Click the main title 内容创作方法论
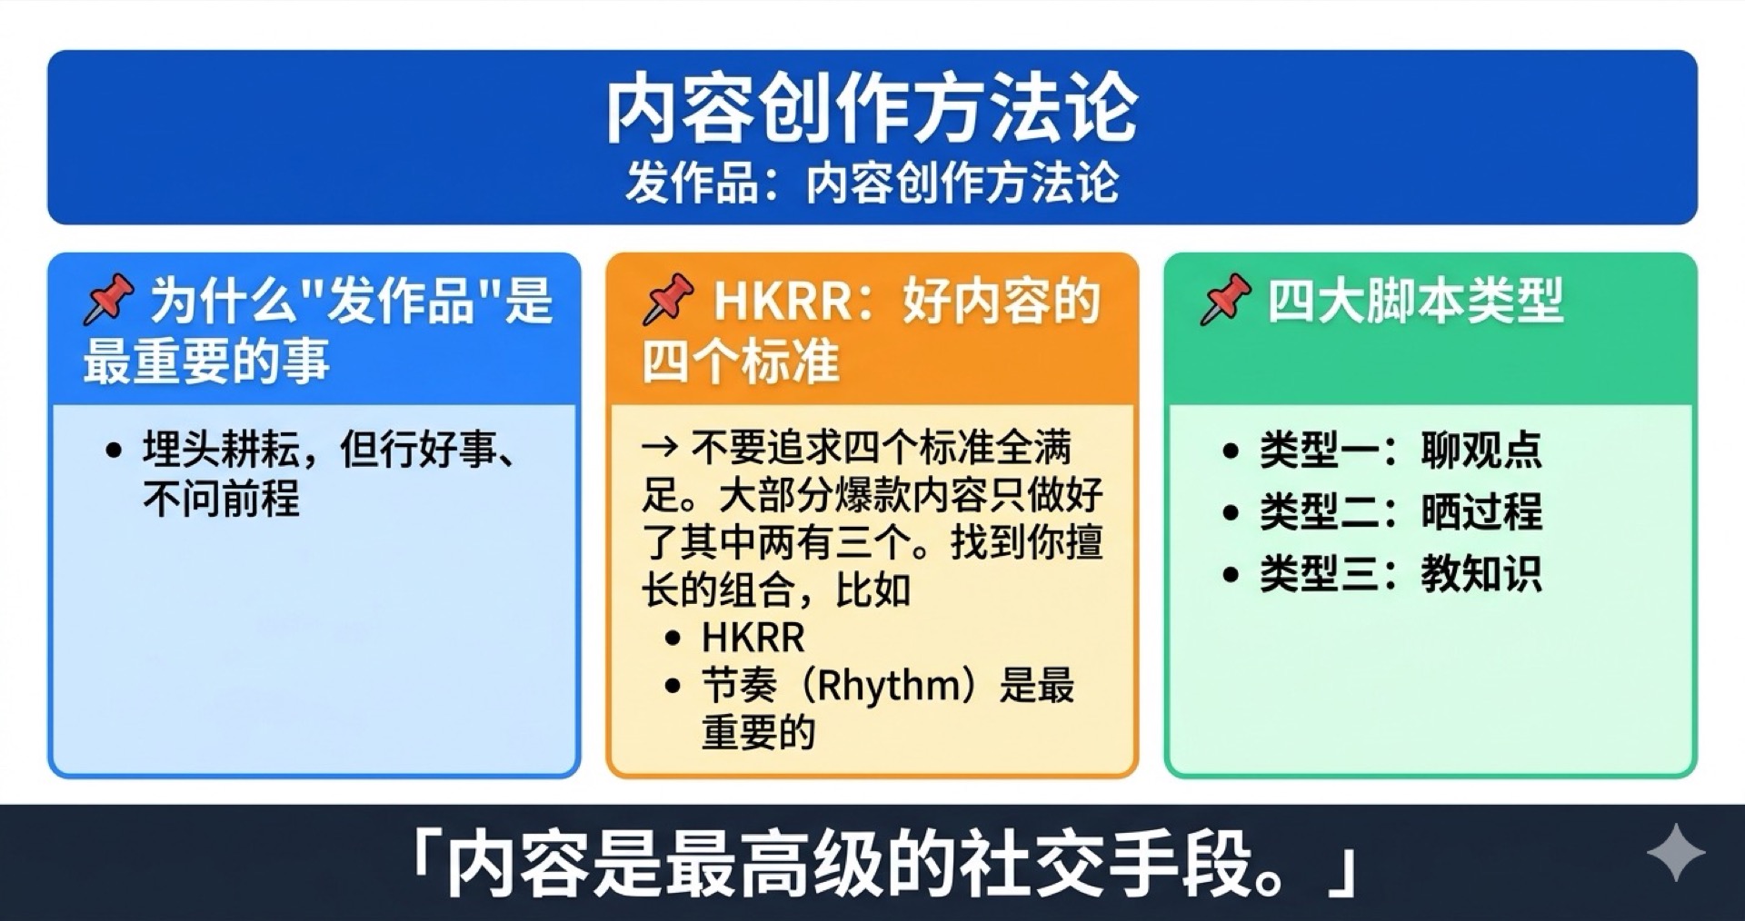872,109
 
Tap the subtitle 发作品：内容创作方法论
872,183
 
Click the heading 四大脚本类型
1415,301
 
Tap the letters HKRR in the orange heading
781,302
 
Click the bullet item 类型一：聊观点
1400,450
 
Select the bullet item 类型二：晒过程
1400,511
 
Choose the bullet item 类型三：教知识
1400,573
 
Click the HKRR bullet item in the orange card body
753,638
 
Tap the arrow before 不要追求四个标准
659,447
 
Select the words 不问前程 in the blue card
221,498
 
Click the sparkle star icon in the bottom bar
1675,853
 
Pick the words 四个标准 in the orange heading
741,361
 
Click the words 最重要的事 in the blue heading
206,361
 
